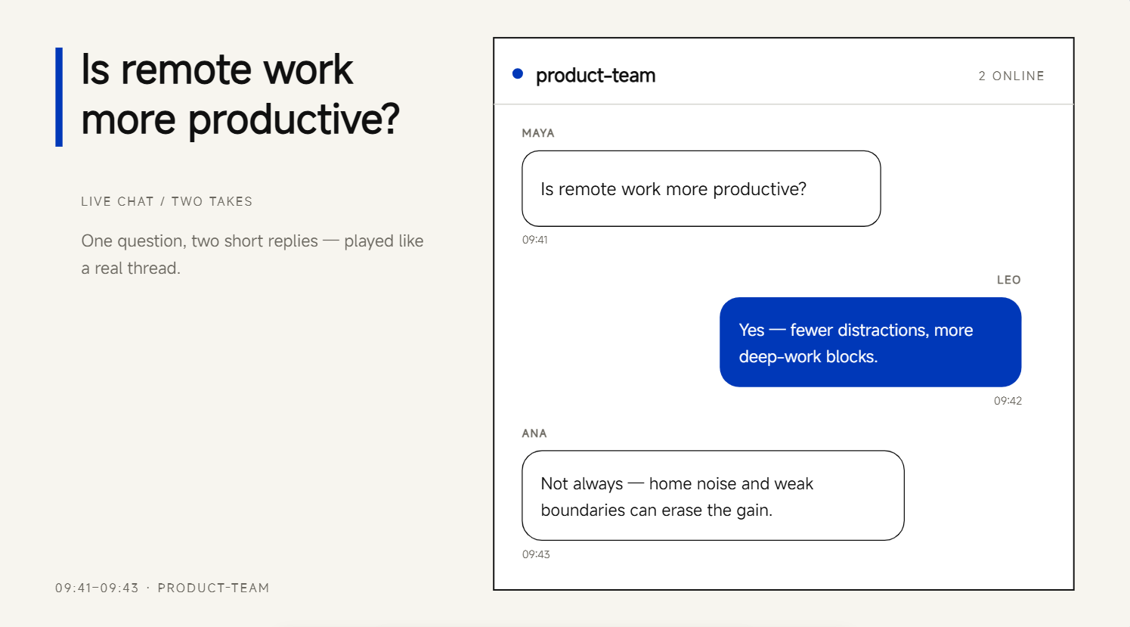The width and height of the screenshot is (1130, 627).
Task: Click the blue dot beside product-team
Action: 518,74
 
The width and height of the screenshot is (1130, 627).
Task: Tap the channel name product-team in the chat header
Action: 596,76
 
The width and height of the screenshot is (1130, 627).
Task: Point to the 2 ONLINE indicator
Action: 1011,76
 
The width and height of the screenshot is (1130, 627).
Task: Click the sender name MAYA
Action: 537,133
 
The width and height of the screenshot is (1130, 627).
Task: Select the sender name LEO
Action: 1008,280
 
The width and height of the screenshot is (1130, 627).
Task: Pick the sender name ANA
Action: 534,433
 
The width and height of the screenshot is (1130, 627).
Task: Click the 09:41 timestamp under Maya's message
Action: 534,240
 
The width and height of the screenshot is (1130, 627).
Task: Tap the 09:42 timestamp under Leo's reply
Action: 1008,401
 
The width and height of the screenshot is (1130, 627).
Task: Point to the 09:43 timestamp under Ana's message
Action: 536,554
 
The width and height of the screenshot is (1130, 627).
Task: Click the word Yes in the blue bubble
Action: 751,331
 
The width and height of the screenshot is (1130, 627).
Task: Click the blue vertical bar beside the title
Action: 59,97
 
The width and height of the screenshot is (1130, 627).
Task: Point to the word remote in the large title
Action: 186,70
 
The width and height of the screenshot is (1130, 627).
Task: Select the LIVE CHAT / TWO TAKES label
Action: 166,201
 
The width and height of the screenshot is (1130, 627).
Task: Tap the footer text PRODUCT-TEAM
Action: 213,588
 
